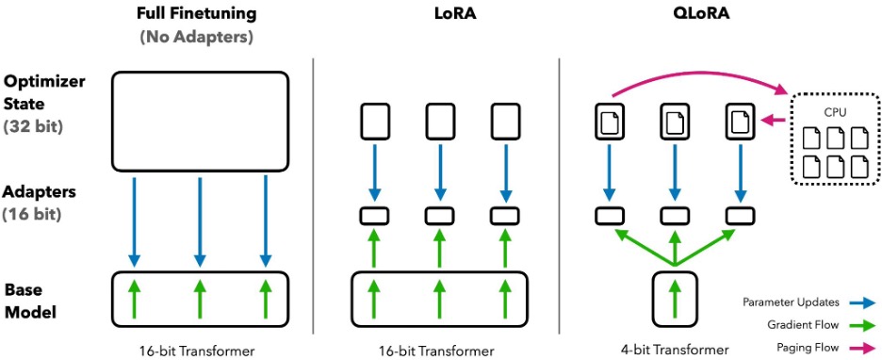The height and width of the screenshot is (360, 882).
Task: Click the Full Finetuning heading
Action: [x=195, y=13]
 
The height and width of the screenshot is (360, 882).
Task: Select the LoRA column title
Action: [x=456, y=13]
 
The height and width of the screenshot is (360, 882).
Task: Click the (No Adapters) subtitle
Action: [x=195, y=38]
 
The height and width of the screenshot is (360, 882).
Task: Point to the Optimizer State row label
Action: [x=45, y=92]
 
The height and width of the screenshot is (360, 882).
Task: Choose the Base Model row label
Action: [x=30, y=301]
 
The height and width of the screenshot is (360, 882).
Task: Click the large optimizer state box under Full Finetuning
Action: [x=201, y=121]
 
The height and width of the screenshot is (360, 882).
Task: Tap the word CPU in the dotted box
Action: [x=834, y=111]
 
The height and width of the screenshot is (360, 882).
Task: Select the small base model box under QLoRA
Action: [x=675, y=299]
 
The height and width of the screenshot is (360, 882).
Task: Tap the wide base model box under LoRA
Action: [x=440, y=299]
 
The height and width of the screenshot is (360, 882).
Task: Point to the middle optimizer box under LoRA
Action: [x=440, y=123]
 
